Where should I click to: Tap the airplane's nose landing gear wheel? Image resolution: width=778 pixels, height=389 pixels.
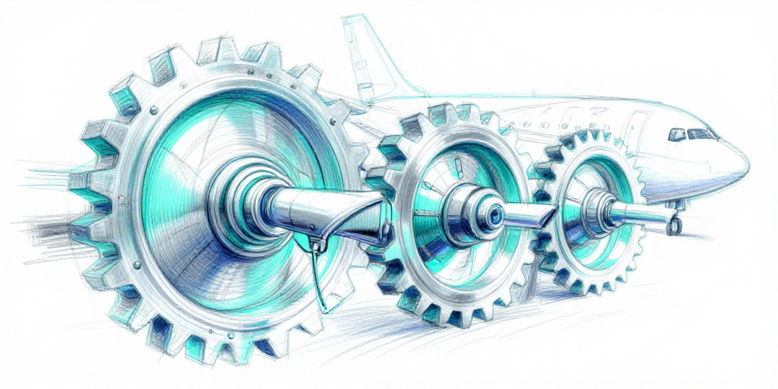(x=672, y=226)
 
